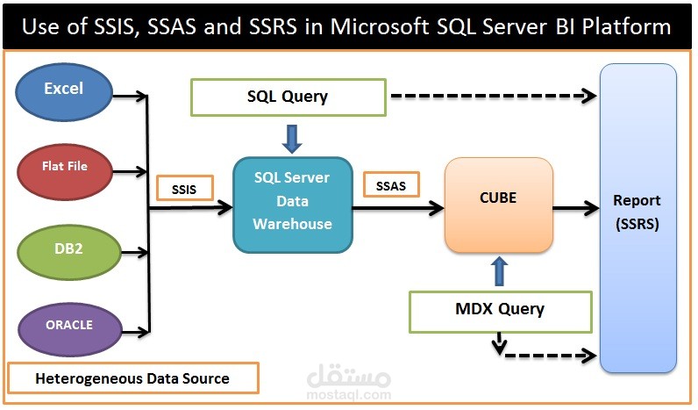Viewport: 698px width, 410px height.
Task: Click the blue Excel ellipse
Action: pos(64,92)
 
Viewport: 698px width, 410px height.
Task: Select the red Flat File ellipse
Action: pos(65,171)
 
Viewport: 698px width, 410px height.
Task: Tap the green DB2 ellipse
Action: pos(69,252)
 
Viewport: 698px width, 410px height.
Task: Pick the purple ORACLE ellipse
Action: pos(70,329)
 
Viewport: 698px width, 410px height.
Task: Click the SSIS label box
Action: pos(185,188)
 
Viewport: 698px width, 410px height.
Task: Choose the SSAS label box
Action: pos(391,184)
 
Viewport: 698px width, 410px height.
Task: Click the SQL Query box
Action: pos(288,97)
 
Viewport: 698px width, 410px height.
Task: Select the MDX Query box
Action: pos(501,312)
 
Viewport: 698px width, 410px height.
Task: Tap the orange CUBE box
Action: pos(499,205)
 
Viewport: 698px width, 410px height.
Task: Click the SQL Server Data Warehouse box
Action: pos(293,205)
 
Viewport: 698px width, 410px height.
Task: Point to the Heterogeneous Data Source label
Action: pos(133,378)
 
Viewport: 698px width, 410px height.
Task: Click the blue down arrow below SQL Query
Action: pos(292,139)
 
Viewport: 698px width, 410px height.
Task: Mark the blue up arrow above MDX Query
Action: pos(499,271)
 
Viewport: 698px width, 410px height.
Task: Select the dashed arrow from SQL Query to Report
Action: pos(494,96)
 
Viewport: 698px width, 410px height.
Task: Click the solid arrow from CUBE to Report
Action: pos(576,208)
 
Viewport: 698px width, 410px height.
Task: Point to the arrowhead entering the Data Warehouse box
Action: pos(225,207)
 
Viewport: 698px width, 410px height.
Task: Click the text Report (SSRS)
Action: pos(637,212)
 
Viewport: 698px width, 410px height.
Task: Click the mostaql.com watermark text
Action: pos(349,394)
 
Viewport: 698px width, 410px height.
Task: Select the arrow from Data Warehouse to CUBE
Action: pos(398,208)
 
